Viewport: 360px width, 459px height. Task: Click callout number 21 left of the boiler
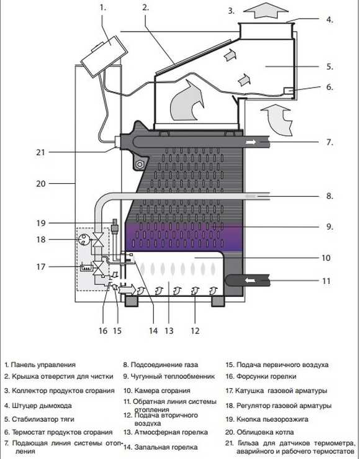point(40,152)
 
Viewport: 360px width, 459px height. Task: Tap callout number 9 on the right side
point(330,227)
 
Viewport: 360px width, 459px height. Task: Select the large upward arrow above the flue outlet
point(266,11)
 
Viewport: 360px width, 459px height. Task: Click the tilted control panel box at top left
point(104,56)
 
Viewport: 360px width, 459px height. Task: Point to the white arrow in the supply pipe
point(251,142)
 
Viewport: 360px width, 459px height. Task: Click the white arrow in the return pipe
point(250,281)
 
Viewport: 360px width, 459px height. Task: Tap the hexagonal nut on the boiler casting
point(140,165)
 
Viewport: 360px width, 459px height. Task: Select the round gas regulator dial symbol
point(84,240)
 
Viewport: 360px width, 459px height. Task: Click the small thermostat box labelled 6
point(289,91)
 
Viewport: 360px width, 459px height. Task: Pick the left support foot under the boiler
point(132,301)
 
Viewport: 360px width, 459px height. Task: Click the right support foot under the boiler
point(218,301)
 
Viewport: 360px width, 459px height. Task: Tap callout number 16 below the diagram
point(103,331)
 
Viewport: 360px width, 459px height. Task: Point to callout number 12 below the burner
point(195,331)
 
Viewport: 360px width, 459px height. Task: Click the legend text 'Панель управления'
point(43,365)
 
